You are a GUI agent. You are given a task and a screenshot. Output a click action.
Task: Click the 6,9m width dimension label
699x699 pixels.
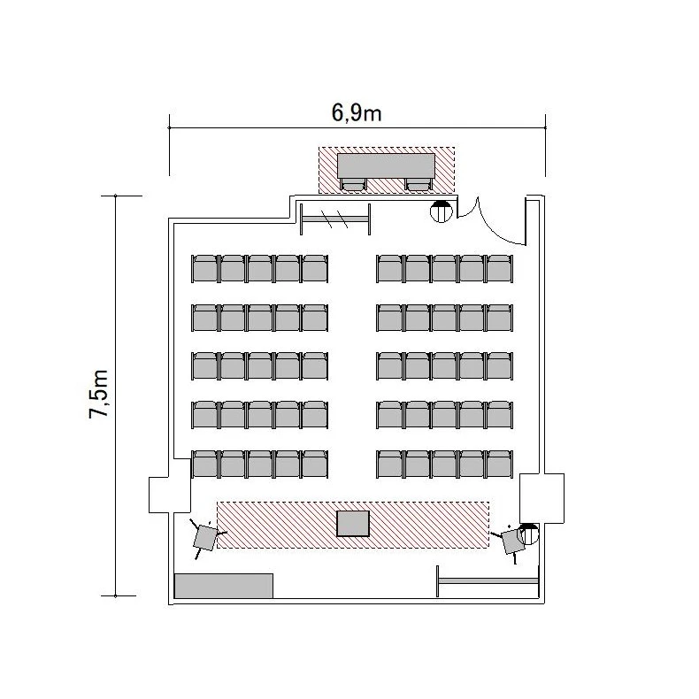click(x=357, y=112)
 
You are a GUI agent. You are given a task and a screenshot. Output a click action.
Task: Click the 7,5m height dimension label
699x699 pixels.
click(x=99, y=394)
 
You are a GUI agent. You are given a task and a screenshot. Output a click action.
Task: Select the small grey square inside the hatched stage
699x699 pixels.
click(x=353, y=524)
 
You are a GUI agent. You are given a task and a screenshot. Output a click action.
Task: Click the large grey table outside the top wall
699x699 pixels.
click(x=386, y=165)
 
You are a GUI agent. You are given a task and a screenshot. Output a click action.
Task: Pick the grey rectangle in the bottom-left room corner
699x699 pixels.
click(x=223, y=586)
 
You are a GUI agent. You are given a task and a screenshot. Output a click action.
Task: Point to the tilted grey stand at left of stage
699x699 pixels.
click(x=205, y=538)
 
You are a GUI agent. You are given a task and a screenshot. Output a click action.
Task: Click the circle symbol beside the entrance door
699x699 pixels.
click(x=442, y=211)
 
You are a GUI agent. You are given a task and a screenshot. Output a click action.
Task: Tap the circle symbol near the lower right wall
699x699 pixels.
click(x=528, y=534)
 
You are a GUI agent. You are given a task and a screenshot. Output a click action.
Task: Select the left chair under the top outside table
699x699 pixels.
click(x=354, y=184)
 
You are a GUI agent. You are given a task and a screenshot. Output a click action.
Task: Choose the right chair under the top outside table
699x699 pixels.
click(x=419, y=184)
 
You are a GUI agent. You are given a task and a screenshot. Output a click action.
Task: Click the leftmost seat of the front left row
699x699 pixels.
click(x=204, y=464)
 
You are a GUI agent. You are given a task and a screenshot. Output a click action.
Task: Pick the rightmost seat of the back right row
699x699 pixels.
click(x=500, y=268)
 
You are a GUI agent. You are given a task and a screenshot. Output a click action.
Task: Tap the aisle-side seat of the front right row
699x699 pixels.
click(x=390, y=464)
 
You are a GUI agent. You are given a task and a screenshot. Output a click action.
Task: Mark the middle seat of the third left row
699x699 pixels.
click(x=260, y=366)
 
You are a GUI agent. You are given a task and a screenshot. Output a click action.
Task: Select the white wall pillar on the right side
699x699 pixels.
click(x=542, y=498)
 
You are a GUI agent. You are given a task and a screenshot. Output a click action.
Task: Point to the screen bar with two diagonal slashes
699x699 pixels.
click(x=335, y=219)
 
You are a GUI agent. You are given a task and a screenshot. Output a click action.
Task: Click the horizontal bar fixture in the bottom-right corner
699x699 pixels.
click(x=488, y=580)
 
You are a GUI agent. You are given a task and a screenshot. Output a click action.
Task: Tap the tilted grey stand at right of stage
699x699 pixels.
click(x=512, y=541)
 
